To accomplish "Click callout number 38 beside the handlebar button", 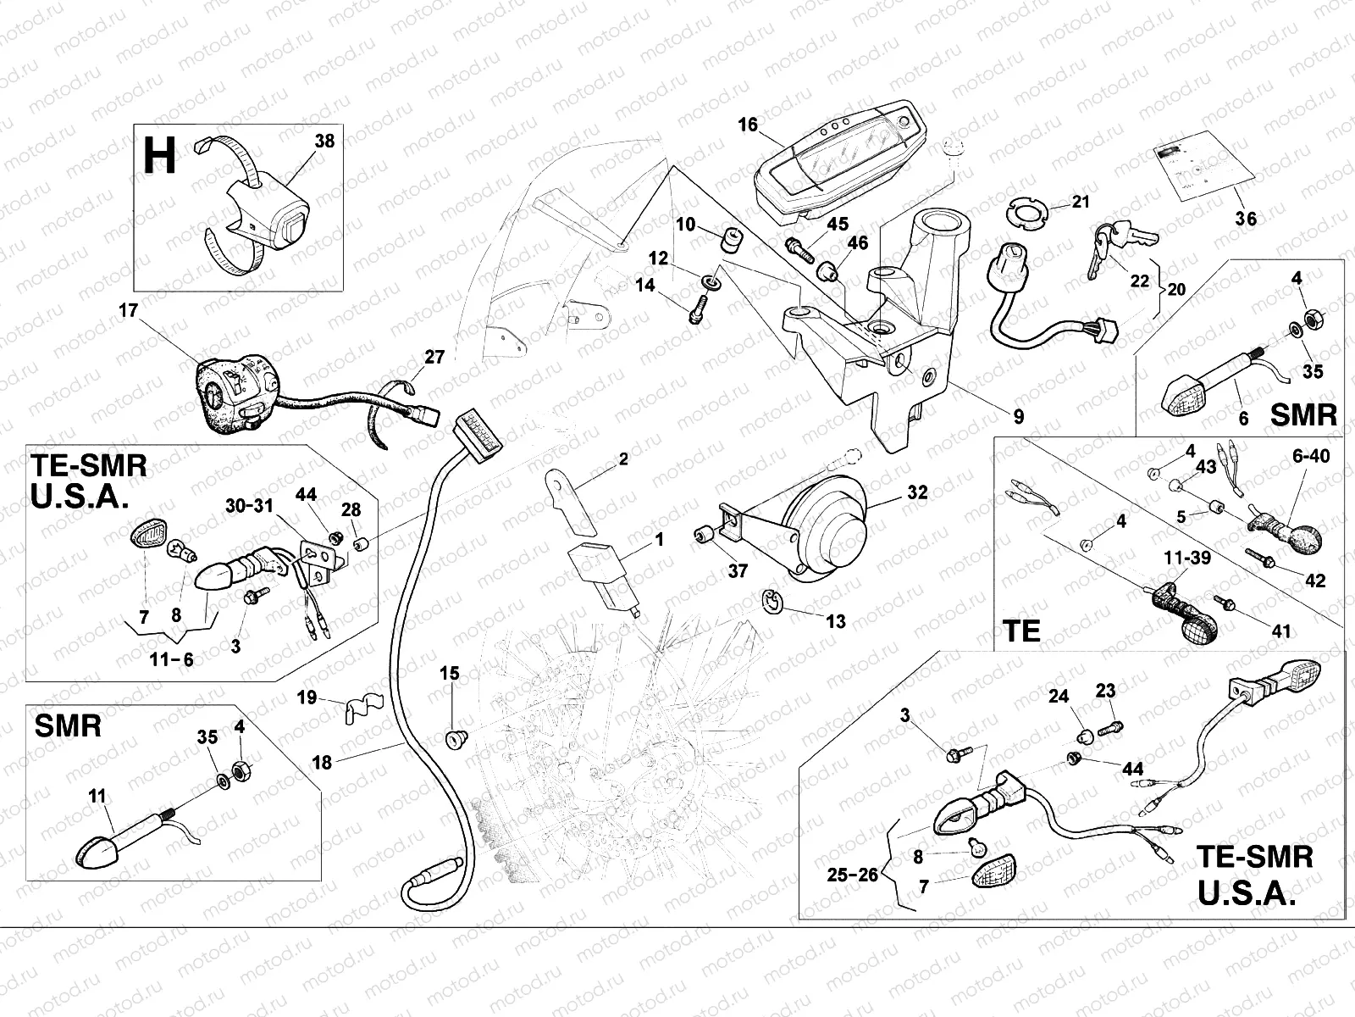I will coord(324,142).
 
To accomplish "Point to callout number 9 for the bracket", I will coord(1018,416).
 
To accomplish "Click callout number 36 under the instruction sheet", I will coord(1245,220).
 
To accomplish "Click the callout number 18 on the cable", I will coord(322,762).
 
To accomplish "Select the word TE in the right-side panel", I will coord(1020,631).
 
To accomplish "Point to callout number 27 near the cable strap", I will coord(434,357).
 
